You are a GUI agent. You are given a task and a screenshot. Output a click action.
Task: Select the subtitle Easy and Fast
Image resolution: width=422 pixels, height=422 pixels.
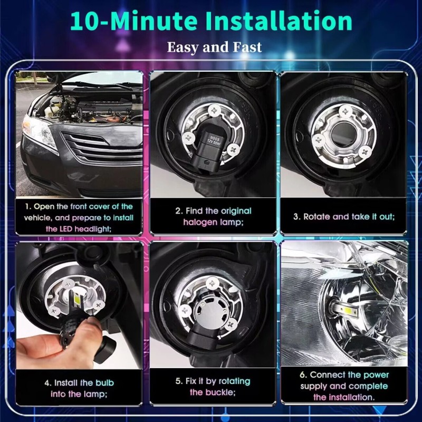tap(214, 47)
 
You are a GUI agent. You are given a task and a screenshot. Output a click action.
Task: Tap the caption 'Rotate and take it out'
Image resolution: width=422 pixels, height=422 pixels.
tap(344, 216)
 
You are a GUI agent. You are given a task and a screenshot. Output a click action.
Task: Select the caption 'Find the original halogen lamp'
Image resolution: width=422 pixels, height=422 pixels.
tap(213, 216)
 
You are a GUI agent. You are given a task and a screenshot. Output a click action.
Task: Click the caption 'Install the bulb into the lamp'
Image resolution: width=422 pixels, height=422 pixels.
tap(79, 388)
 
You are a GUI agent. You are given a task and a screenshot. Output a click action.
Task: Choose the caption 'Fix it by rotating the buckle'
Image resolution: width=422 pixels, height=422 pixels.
tap(213, 386)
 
